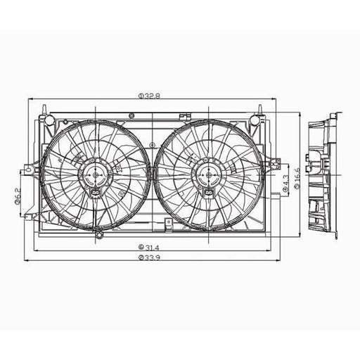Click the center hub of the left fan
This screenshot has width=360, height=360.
(x=96, y=175)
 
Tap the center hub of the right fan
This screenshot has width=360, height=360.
(x=208, y=175)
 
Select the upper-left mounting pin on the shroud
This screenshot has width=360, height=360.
(x=44, y=110)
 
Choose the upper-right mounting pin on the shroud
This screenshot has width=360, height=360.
(x=259, y=110)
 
